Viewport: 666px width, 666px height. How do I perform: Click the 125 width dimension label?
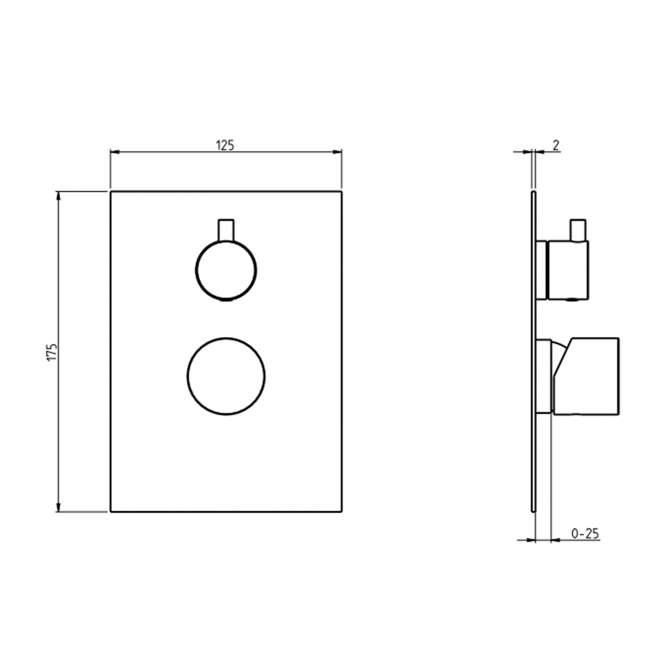(225, 145)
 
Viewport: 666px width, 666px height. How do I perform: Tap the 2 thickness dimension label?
(556, 145)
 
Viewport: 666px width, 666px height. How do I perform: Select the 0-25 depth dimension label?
(585, 534)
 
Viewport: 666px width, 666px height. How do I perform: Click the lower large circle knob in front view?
(226, 377)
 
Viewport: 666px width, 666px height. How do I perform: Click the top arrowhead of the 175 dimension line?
(59, 195)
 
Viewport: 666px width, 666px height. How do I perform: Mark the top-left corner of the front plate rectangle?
(111, 192)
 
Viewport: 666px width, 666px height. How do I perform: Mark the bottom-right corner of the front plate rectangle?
(340, 511)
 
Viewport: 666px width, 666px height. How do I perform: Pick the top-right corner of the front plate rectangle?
(340, 192)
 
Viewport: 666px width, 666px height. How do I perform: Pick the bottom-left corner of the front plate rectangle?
(111, 511)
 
